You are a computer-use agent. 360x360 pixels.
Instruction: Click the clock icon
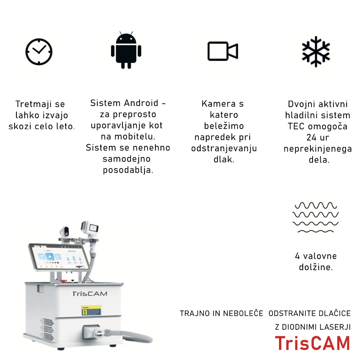point(39,52)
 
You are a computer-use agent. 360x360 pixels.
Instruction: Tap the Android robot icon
point(126,50)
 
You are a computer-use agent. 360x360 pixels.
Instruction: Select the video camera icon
point(222,51)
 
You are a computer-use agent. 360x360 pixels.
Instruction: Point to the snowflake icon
point(316,51)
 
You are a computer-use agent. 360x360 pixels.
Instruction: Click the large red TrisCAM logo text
point(312,343)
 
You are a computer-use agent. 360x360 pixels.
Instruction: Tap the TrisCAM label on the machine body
point(90,294)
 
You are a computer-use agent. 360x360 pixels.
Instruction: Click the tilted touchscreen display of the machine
point(59,257)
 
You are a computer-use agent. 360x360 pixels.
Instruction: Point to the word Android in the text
point(141,103)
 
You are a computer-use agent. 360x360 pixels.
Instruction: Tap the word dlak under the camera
point(224,159)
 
